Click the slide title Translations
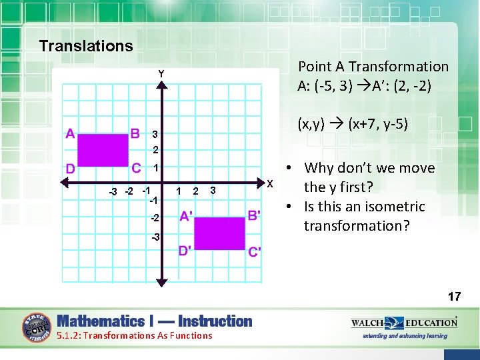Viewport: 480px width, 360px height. pos(86,46)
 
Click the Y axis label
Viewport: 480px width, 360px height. pos(161,73)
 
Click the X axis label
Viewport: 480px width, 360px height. pos(270,183)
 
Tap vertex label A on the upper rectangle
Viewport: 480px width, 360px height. pos(70,133)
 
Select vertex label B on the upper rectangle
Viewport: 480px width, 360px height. pos(135,133)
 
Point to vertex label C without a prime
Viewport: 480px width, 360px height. pos(135,167)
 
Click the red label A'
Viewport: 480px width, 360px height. pos(187,216)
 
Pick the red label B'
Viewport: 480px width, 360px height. pos(254,215)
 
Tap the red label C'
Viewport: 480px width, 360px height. pos(255,251)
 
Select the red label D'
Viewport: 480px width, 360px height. pos(185,251)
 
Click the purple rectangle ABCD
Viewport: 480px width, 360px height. pos(103,150)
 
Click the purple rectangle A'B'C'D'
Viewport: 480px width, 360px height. pos(220,233)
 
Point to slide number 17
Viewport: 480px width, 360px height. pos(454,296)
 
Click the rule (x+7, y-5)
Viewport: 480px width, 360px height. pos(353,124)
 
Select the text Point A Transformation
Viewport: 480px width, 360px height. pos(373,67)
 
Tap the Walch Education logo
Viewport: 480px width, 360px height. pos(404,323)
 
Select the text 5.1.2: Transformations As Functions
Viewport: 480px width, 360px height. pos(135,335)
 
